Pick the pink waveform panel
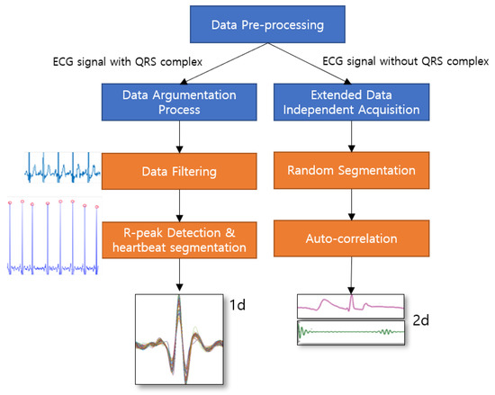pos(351,307)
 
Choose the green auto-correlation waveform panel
pos(351,332)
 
